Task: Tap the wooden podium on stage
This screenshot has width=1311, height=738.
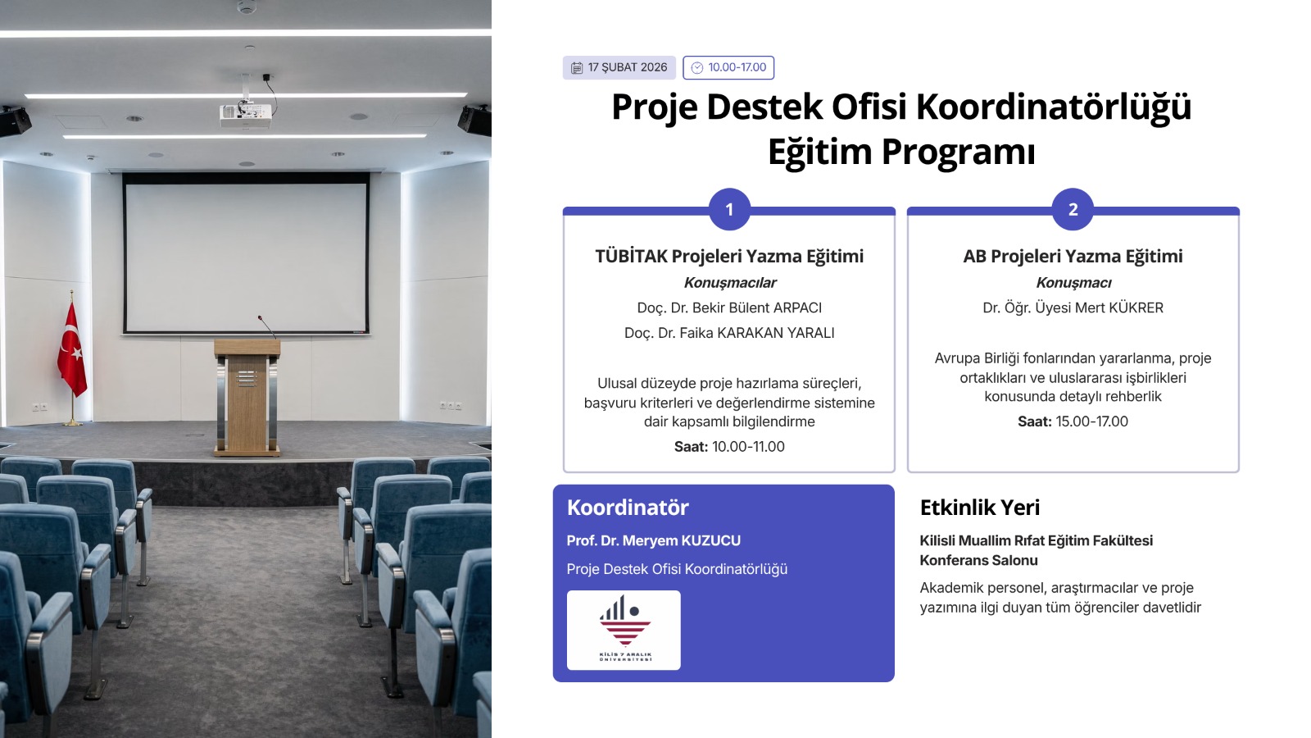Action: (247, 398)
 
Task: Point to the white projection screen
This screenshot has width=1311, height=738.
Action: (246, 254)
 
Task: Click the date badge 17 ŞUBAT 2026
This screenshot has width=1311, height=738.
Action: (619, 67)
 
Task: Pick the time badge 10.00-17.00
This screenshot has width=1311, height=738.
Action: (728, 67)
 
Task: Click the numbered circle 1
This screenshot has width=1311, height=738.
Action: (729, 209)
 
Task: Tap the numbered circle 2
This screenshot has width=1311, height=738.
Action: (1073, 209)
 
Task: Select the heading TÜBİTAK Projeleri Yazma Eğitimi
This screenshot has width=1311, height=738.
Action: (729, 256)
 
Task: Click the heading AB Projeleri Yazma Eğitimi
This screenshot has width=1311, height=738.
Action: (1073, 256)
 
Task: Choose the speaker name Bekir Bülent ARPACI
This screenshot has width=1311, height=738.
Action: (729, 307)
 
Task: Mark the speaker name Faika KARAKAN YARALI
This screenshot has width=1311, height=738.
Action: (729, 333)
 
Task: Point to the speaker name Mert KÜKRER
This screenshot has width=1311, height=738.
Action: (1073, 307)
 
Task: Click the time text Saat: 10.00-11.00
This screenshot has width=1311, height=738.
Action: (729, 446)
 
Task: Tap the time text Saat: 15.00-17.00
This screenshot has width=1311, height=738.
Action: (1073, 421)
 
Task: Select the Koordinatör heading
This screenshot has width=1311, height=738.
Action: (628, 508)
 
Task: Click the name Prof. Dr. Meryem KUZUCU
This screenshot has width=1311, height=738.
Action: (653, 540)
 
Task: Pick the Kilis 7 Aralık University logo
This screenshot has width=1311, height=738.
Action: (624, 630)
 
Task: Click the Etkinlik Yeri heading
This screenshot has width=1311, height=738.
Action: (979, 508)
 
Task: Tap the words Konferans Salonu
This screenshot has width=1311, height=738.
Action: (978, 560)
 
